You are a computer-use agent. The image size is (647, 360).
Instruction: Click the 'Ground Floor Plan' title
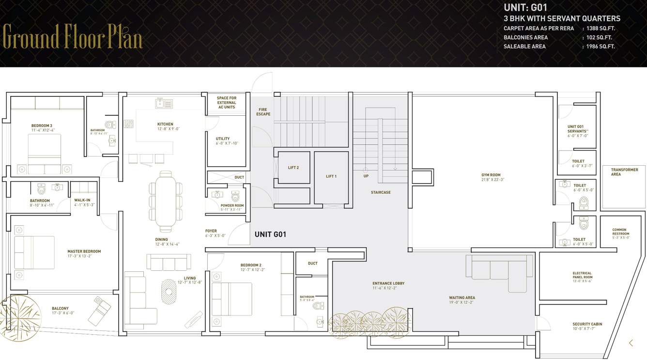tap(73, 36)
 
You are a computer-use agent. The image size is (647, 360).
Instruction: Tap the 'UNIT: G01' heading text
tap(525, 8)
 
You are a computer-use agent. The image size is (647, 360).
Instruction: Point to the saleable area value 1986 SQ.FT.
tap(601, 47)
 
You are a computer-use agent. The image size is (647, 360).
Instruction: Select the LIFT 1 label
tap(331, 176)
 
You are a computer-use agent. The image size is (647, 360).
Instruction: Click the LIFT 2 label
tap(293, 168)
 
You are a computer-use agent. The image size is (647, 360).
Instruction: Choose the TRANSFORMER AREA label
tap(624, 172)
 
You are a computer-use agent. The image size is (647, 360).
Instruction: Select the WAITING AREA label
tap(462, 297)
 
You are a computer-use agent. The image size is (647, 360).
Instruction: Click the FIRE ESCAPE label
tap(263, 112)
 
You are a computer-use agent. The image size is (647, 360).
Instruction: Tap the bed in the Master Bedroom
tap(34, 252)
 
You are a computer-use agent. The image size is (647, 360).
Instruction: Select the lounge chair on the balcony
tap(99, 310)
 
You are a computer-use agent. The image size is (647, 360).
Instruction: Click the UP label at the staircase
tap(366, 176)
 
